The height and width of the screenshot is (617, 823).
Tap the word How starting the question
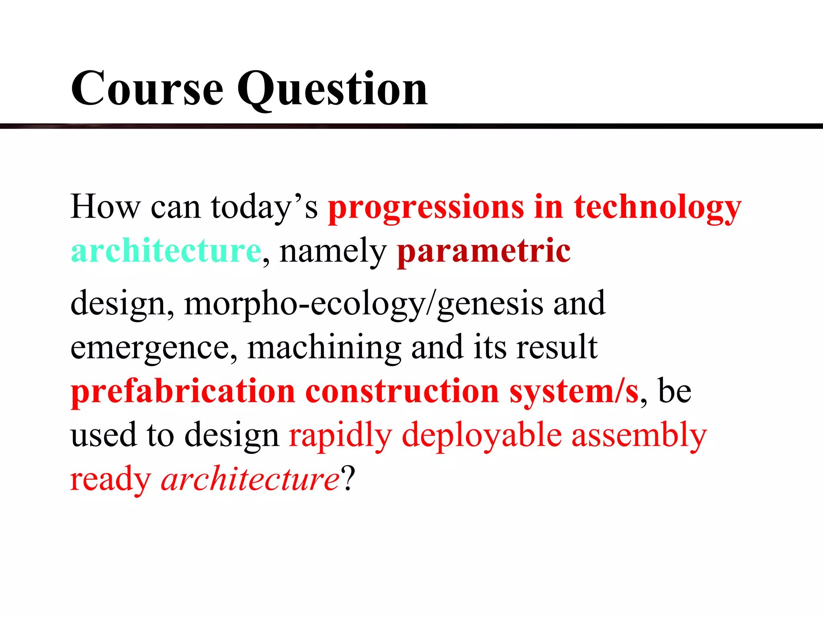tap(105, 206)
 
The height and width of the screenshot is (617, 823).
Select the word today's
tap(264, 207)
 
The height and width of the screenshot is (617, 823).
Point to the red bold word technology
tap(657, 208)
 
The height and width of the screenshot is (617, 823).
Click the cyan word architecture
tap(166, 251)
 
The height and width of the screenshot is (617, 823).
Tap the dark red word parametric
tap(484, 251)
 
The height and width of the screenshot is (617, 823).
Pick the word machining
tap(324, 348)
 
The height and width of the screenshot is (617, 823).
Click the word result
tap(557, 347)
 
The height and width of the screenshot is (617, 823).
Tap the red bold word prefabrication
tap(183, 392)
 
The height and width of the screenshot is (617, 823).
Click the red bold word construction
tap(402, 391)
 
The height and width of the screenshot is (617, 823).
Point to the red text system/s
tap(574, 392)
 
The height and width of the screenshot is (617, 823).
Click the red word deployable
tap(481, 436)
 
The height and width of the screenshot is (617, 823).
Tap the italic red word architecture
tap(250, 479)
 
